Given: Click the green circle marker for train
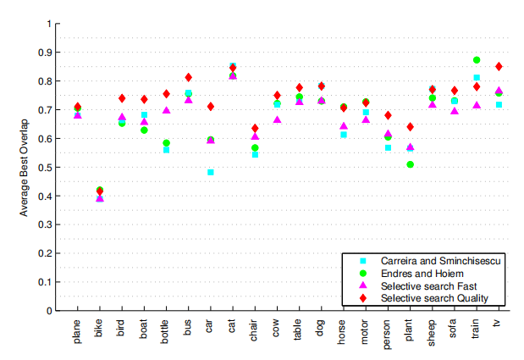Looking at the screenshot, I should [x=477, y=61].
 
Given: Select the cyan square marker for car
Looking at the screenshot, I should [x=210, y=172].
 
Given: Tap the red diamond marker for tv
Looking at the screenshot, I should [x=499, y=66].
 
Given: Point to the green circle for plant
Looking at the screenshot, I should [x=411, y=164].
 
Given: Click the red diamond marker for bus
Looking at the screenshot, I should [x=188, y=78].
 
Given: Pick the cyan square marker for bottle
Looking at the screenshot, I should [x=166, y=150].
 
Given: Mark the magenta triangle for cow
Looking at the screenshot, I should [x=277, y=120].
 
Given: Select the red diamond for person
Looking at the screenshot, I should [x=388, y=115].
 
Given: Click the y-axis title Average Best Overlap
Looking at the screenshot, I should [x=25, y=166].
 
